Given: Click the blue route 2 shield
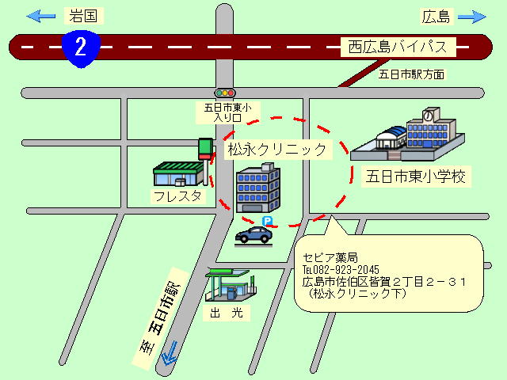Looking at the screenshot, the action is [x=81, y=48].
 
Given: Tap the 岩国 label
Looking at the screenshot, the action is [x=83, y=16].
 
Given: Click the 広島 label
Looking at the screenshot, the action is [x=436, y=17].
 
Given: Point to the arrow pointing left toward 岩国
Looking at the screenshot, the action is [x=40, y=16].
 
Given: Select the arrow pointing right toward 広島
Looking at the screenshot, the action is [x=472, y=17].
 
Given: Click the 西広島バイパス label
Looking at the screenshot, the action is [x=398, y=47].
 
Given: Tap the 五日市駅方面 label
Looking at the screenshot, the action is [x=411, y=74].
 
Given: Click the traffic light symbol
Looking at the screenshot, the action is [x=225, y=93].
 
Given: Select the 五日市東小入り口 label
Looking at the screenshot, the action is [x=227, y=112].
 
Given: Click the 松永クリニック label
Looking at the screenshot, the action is [x=277, y=150].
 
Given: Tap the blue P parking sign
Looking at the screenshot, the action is [x=267, y=221].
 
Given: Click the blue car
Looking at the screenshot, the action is [x=253, y=235].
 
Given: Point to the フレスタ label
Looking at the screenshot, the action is [x=177, y=196].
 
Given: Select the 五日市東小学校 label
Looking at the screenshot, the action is [x=416, y=177].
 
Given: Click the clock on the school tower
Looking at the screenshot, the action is [x=429, y=116].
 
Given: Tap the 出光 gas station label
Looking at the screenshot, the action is [x=227, y=313].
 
